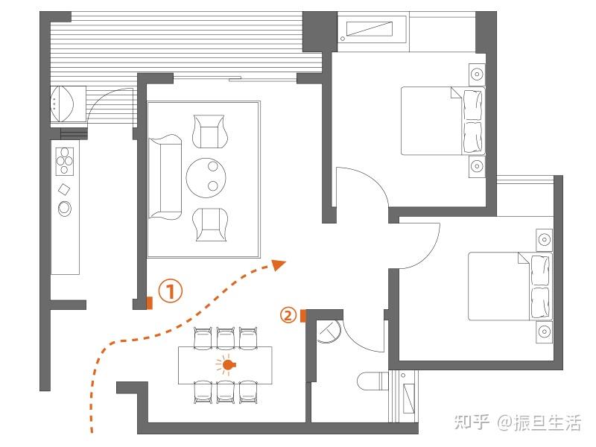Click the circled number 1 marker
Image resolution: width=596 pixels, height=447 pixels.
171,291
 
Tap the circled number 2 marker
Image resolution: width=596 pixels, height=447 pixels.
288,315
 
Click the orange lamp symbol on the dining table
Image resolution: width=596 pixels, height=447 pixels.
227,365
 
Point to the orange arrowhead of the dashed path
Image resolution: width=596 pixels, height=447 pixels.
279,264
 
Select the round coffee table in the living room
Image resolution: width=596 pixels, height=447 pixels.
206,177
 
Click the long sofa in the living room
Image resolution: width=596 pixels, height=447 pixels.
165,177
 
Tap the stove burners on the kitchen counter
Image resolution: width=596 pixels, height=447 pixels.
65,161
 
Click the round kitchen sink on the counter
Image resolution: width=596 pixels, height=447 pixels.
65,209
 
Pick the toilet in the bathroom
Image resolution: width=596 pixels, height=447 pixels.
372,381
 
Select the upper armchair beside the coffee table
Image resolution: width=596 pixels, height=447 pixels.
209,131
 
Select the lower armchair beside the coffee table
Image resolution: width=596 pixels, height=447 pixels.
210,224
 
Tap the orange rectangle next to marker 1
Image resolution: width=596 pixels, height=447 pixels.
150,303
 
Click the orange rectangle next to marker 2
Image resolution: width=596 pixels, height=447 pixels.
303,316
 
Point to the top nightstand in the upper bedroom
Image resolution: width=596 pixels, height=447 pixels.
477,73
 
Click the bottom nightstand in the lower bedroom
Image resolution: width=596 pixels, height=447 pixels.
545,332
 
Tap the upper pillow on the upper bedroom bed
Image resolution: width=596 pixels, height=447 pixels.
473,104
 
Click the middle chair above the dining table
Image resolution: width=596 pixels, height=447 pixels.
226,338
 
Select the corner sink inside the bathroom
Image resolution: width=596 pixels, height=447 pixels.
328,332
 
